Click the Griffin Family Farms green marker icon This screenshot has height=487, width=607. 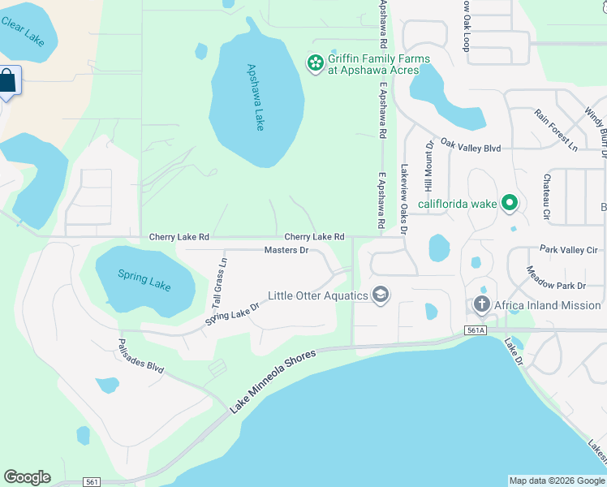pos(314,62)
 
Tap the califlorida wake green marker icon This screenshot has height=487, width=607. pos(509,202)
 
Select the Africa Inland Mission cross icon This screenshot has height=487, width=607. pos(482,305)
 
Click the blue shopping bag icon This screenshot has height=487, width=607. pos(7,81)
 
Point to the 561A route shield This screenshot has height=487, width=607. pos(476,330)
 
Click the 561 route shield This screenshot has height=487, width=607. pos(92,482)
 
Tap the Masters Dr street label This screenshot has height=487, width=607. pos(286,250)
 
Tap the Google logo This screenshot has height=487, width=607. pos(27,477)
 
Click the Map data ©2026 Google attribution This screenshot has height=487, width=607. pos(556,481)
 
